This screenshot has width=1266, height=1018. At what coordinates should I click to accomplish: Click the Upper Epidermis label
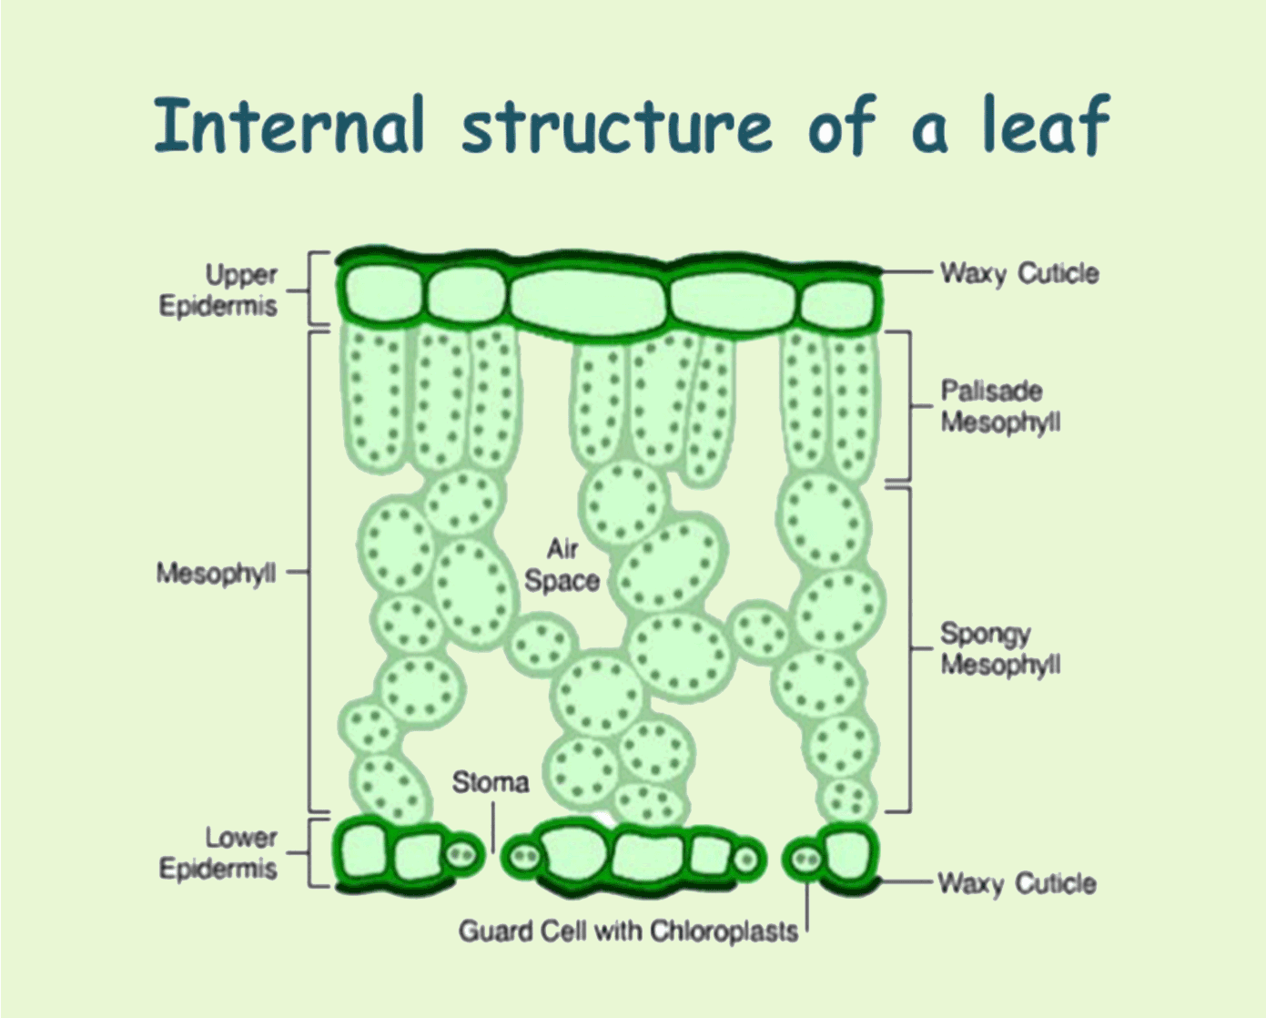click(218, 290)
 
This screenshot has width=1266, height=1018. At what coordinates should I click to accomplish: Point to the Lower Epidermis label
click(218, 853)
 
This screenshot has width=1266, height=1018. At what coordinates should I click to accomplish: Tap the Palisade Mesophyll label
click(1000, 406)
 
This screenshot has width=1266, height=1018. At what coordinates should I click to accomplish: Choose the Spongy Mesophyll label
click(1000, 648)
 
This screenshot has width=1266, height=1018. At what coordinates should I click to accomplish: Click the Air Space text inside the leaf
click(562, 565)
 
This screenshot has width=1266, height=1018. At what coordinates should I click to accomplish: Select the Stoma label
click(491, 781)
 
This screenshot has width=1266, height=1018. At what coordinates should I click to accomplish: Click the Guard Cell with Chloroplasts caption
click(628, 931)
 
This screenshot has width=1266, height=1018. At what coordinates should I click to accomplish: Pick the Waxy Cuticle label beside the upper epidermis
click(1019, 273)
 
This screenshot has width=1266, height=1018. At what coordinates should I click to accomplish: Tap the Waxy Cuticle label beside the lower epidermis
click(1017, 883)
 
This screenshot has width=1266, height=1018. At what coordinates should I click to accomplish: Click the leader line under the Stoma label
click(493, 829)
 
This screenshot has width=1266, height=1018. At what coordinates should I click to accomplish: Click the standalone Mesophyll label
click(216, 573)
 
